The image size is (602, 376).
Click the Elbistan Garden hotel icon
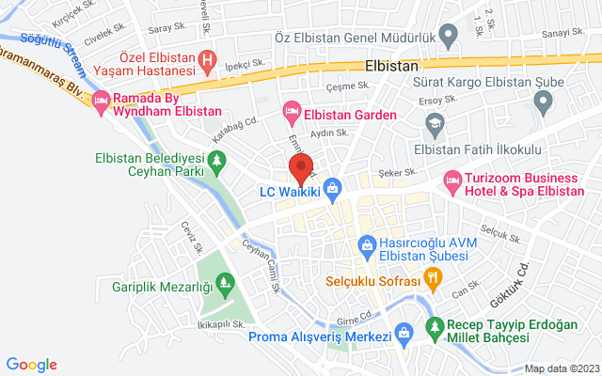point(292,112)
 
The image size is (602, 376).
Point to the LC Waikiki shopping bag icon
point(331,188)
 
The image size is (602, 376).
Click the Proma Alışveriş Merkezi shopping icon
point(404,332)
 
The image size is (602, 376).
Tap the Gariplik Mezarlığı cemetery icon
point(224,281)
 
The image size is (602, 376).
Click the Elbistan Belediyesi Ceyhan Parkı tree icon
point(217,164)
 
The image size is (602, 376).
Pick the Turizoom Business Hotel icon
point(453,178)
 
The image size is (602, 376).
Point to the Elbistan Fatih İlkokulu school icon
point(435,122)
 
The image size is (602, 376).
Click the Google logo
point(31,364)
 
